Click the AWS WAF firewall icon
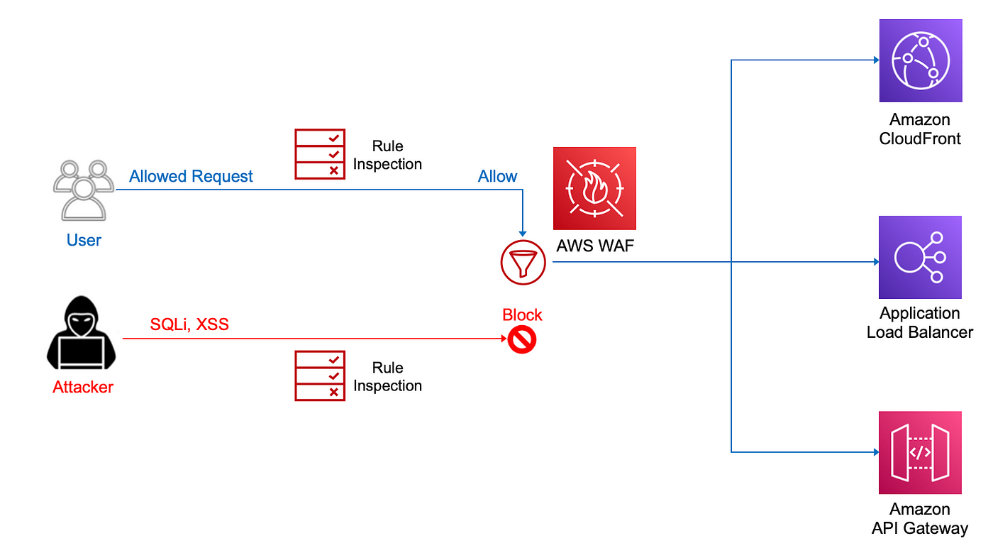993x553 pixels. [x=594, y=188]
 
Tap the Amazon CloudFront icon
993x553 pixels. [x=921, y=60]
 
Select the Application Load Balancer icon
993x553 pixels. [x=921, y=258]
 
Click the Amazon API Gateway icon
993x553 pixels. [x=921, y=453]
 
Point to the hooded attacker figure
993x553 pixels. [x=82, y=333]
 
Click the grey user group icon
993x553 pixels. [x=84, y=190]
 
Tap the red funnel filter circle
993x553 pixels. [x=523, y=262]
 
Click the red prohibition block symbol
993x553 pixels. [x=522, y=339]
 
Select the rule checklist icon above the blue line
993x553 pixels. [x=320, y=154]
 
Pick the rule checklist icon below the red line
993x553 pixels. [x=320, y=376]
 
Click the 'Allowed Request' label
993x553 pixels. [x=191, y=176]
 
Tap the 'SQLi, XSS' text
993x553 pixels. [x=189, y=324]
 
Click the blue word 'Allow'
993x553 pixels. [x=497, y=176]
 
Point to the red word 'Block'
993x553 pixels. [x=522, y=314]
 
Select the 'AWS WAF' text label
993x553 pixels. [x=595, y=246]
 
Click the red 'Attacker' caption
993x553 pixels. [x=83, y=387]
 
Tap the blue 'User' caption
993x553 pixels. [x=84, y=240]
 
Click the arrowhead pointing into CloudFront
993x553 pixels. [x=877, y=60]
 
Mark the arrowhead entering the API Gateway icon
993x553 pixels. [x=877, y=452]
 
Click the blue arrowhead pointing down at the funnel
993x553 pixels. [x=523, y=234]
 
